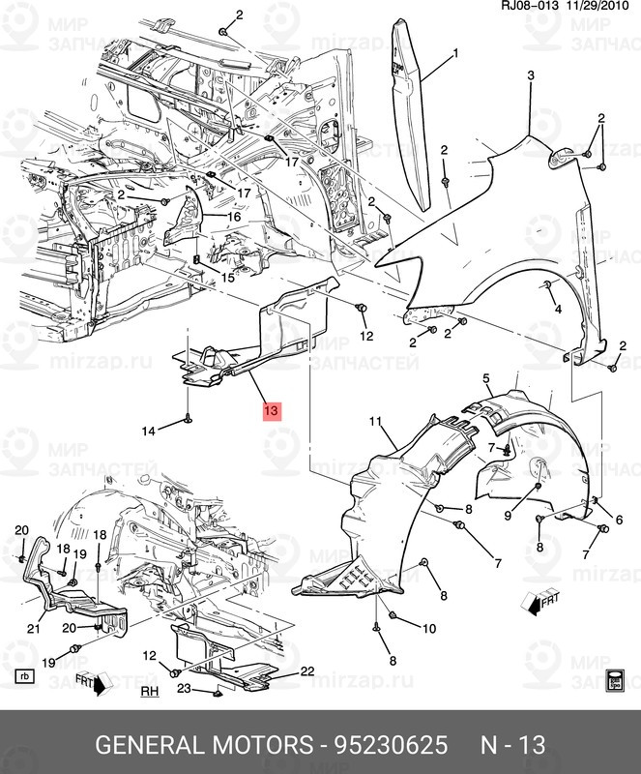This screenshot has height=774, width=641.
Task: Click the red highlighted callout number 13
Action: (x=271, y=411)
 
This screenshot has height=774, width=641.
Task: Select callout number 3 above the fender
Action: (x=530, y=75)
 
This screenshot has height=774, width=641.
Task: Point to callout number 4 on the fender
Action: (x=558, y=310)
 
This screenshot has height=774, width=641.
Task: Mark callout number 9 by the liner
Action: (x=507, y=516)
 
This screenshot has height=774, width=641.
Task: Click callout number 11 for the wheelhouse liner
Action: (x=376, y=422)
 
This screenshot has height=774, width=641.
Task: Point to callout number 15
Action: (x=227, y=277)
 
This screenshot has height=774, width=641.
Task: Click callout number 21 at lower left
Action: (x=33, y=630)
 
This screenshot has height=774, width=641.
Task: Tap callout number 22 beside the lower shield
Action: (x=307, y=670)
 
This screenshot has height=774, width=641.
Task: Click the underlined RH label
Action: (x=149, y=692)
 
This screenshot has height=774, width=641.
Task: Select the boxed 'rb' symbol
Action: (x=24, y=675)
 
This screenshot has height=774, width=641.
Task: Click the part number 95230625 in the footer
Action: (x=391, y=745)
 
